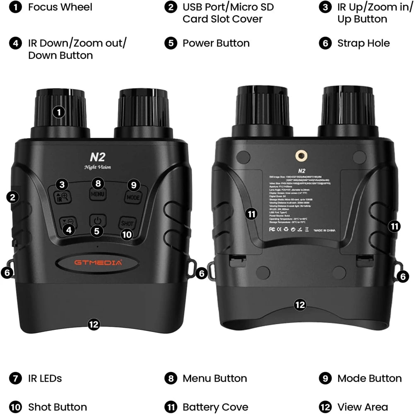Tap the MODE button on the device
[133, 197]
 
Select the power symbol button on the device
[97, 219]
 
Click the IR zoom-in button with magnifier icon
[63, 196]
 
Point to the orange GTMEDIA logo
[98, 262]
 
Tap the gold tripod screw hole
[300, 155]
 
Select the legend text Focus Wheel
[60, 7]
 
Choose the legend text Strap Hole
[363, 43]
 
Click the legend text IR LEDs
[45, 378]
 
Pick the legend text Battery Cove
[215, 407]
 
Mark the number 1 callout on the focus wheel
[60, 112]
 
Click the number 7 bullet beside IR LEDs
[15, 378]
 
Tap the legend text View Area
[362, 407]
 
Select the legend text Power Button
[216, 43]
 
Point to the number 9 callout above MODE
[133, 185]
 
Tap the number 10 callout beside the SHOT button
[127, 234]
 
